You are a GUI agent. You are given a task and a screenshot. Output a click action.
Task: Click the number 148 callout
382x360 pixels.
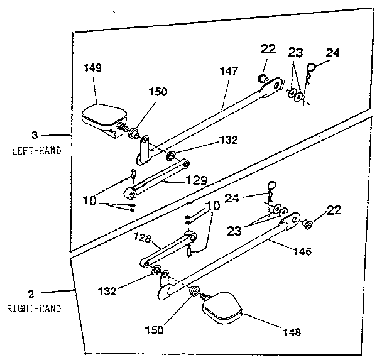(292, 331)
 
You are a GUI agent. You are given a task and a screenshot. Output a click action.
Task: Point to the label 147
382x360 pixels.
(229, 71)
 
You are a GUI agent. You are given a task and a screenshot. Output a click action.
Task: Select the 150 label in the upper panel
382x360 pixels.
(158, 92)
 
